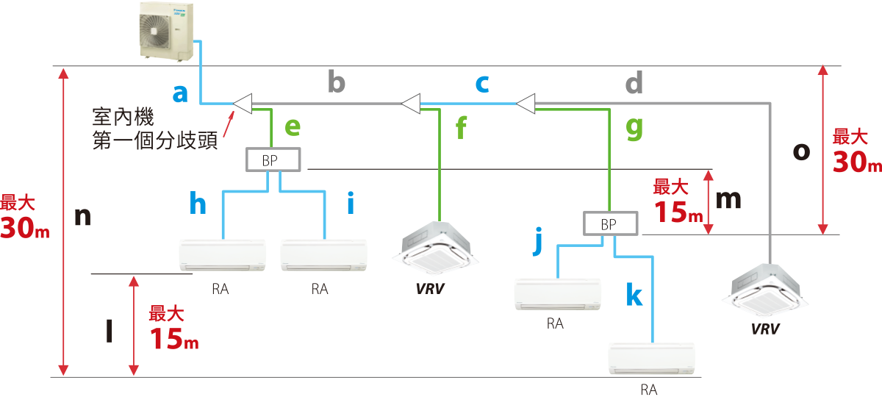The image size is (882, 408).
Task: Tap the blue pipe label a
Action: click(x=181, y=93)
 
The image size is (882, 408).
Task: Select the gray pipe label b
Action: click(x=336, y=82)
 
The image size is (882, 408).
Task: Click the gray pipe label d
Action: click(x=634, y=82)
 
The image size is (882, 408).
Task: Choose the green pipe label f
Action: click(x=461, y=130)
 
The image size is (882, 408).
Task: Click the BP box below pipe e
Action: click(x=272, y=160)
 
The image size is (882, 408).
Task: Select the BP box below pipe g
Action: click(x=610, y=223)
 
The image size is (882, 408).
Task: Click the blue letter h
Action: click(x=198, y=203)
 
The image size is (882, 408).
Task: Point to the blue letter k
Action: click(x=634, y=296)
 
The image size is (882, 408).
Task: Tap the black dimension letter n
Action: click(x=84, y=217)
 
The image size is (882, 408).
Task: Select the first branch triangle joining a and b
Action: click(x=242, y=104)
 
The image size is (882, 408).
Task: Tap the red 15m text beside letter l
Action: click(x=173, y=339)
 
